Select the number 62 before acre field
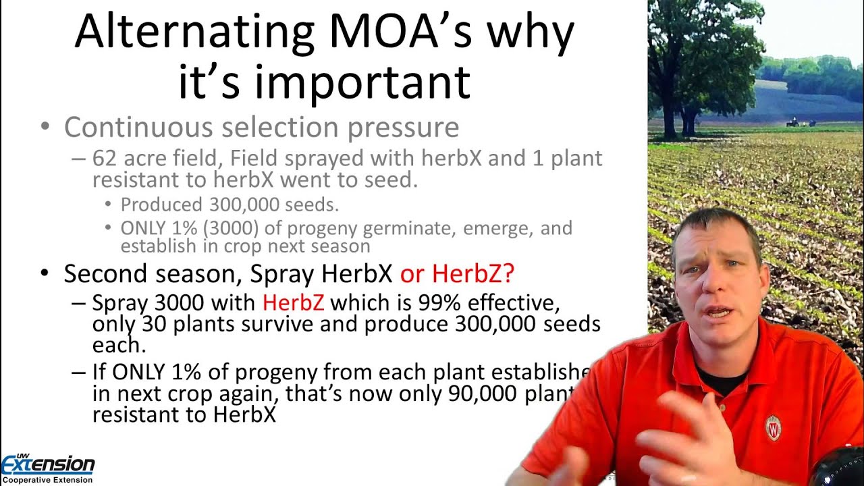[104, 159]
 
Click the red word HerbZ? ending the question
[473, 273]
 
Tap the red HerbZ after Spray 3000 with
[293, 302]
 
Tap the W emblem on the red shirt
[774, 427]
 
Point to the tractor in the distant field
[792, 122]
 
